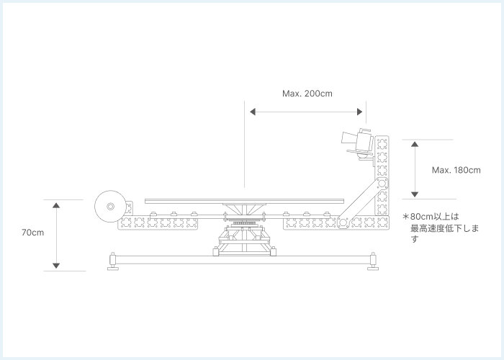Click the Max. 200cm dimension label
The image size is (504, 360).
coord(307,94)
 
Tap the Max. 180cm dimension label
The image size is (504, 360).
coord(456,170)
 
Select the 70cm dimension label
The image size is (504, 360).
coord(33,233)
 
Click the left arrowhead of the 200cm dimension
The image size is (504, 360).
coord(253,112)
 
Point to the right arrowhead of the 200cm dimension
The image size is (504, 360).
coord(360,112)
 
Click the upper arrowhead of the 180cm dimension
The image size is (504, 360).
coord(415,144)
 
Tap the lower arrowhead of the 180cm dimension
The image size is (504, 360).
coord(415,194)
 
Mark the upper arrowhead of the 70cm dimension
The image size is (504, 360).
coord(56,205)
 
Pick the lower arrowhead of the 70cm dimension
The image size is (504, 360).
coord(56,266)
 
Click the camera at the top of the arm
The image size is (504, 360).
coord(357,143)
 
